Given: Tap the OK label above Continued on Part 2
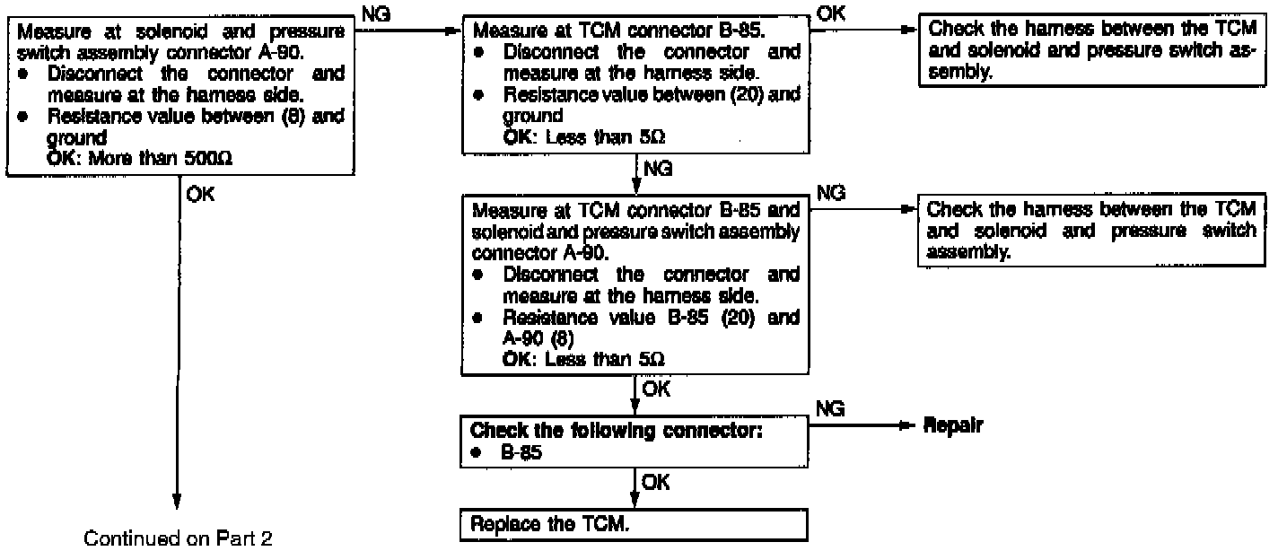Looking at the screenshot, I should pyautogui.click(x=202, y=195).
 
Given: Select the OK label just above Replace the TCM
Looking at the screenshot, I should pyautogui.click(x=656, y=485).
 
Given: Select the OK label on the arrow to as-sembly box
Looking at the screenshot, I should pyautogui.click(x=831, y=12).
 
